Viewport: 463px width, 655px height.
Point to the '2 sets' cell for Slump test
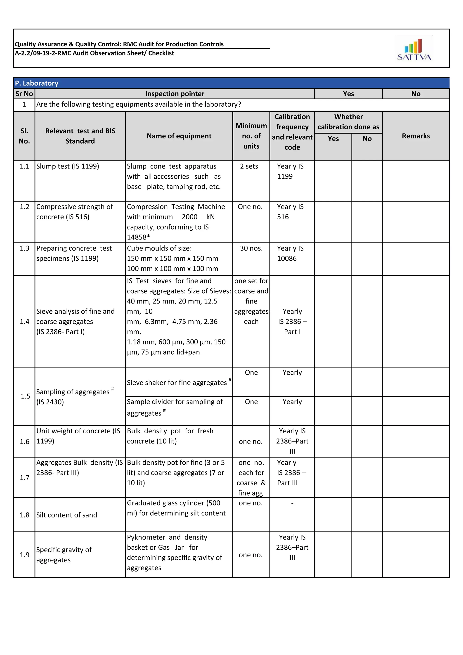pyautogui.click(x=249, y=166)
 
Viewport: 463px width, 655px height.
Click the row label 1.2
pyautogui.click(x=24, y=206)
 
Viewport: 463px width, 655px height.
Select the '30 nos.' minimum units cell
pyautogui.click(x=251, y=248)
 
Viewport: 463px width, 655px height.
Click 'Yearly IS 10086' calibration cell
pyautogui.click(x=290, y=253)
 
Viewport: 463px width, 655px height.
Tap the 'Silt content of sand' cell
pyautogui.click(x=66, y=515)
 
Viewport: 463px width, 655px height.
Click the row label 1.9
pyautogui.click(x=24, y=555)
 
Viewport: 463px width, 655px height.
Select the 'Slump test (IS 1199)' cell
pyautogui.click(x=68, y=166)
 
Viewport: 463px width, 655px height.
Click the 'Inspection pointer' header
pyautogui.click(x=175, y=94)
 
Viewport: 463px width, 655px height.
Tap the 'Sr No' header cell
pyautogui.click(x=24, y=94)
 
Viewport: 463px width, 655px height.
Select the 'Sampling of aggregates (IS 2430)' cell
pyautogui.click(x=75, y=396)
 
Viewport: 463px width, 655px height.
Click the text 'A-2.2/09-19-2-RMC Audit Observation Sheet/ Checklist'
pyautogui.click(x=94, y=53)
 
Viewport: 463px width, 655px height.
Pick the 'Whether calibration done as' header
pyautogui.click(x=348, y=122)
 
